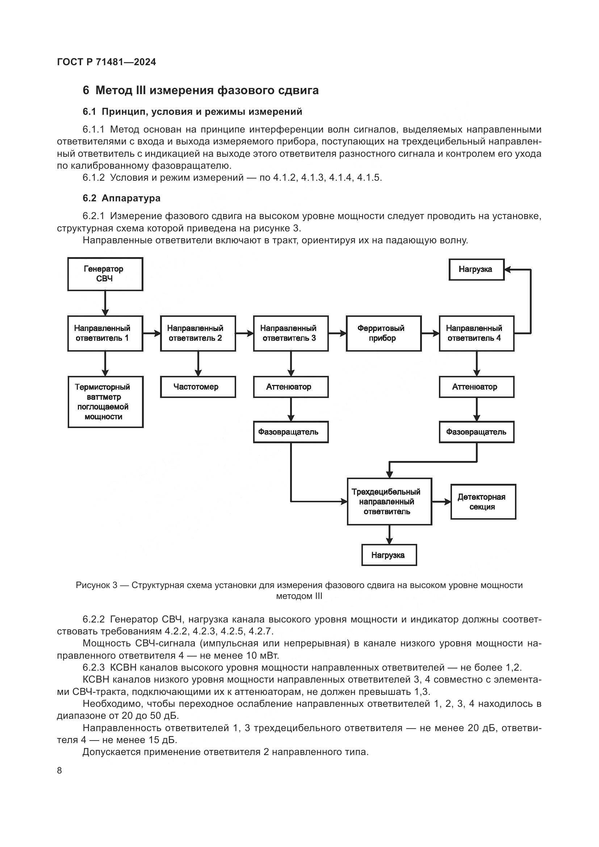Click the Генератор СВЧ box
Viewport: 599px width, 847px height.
click(x=105, y=274)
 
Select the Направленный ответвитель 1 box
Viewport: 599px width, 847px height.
click(x=105, y=333)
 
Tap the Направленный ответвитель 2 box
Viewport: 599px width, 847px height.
click(x=198, y=333)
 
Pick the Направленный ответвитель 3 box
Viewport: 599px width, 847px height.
click(x=291, y=333)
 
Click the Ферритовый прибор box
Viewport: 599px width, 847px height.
click(x=383, y=333)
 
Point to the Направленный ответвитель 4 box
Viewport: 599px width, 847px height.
click(x=476, y=333)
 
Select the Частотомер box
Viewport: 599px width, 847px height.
click(x=198, y=387)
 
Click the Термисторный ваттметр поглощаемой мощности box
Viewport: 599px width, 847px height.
click(x=105, y=402)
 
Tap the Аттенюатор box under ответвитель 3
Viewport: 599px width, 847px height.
click(x=291, y=387)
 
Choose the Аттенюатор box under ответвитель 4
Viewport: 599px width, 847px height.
click(x=476, y=387)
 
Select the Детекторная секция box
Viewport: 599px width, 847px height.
click(x=483, y=502)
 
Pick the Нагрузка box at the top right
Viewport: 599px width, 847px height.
click(x=476, y=269)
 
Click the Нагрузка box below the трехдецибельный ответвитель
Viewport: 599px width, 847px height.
click(x=389, y=555)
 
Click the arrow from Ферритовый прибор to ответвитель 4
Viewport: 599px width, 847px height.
click(x=430, y=333)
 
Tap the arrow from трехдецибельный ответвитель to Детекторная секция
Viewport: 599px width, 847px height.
click(x=441, y=502)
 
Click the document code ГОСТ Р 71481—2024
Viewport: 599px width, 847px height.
click(x=106, y=62)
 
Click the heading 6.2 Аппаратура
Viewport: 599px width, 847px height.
click(x=121, y=198)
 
